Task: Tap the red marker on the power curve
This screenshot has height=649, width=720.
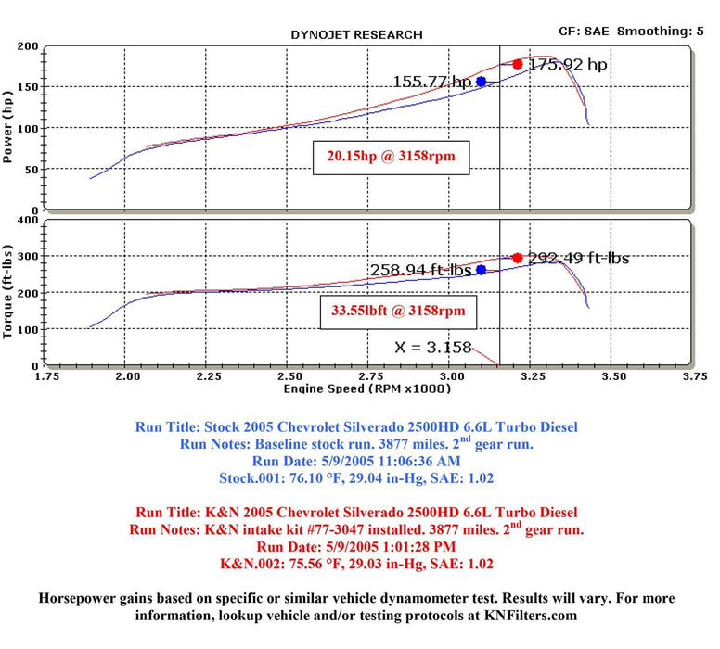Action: (518, 64)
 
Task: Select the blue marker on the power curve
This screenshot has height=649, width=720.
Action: (481, 82)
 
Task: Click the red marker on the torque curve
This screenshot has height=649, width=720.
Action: (518, 258)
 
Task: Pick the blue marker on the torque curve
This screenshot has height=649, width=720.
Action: (481, 270)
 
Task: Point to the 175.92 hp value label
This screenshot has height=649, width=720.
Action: (568, 65)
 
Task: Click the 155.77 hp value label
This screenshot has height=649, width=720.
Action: (432, 82)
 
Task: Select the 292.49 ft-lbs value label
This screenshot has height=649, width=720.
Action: (578, 258)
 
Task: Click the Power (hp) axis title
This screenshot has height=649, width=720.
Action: (10, 130)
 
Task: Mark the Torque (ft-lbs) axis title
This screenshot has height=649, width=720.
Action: (10, 293)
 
